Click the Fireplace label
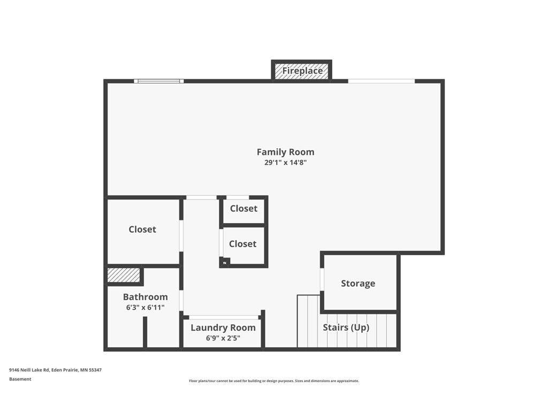[302, 71]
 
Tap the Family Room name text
[286, 152]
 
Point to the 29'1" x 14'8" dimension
[286, 163]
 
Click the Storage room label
[358, 284]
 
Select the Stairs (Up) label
[346, 328]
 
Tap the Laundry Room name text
[223, 328]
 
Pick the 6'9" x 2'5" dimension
[223, 338]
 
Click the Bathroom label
[146, 297]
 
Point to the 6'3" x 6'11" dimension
[146, 308]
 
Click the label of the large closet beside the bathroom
[142, 229]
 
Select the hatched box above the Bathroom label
[124, 275]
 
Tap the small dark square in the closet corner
[225, 261]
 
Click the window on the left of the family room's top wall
[159, 81]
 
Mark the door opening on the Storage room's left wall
[322, 279]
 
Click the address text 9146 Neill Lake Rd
[30, 370]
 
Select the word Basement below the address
[20, 379]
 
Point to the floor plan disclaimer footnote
[274, 381]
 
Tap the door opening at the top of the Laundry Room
[224, 317]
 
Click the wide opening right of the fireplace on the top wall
[381, 81]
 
